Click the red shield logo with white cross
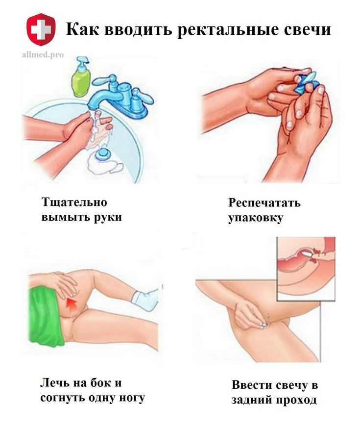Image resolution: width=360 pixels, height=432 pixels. pos(41,29)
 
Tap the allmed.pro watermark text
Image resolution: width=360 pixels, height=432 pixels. pos(43,54)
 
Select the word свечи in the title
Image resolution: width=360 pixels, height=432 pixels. pos(308,30)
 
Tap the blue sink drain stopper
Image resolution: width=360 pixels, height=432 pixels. pos(103,154)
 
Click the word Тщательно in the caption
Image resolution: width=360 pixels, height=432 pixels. pos(74,202)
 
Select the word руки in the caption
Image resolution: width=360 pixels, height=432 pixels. pos(108,217)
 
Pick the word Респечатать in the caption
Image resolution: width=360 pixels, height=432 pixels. pos(264,203)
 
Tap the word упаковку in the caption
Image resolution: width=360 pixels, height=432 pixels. pos(255,218)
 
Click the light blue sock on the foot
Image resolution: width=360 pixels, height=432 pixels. pos(145,300)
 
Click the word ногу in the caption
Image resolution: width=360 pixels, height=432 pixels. pos(131,398)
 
